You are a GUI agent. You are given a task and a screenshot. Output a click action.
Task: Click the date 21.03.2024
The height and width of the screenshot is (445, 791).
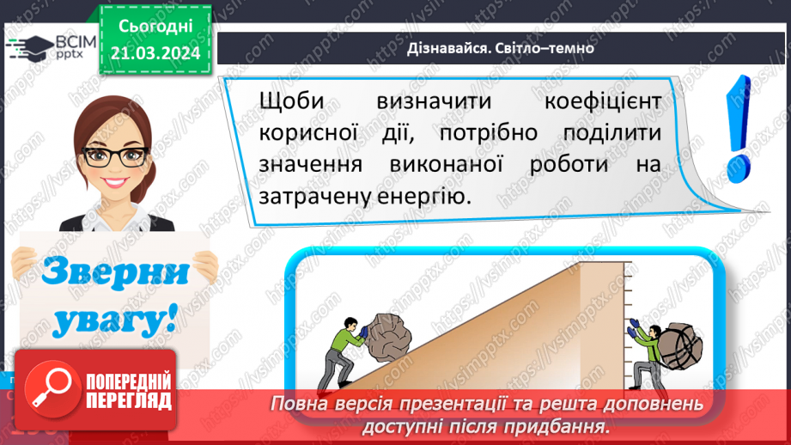click(154, 53)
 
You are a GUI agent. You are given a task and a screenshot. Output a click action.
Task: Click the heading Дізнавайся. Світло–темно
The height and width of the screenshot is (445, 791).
click(501, 48)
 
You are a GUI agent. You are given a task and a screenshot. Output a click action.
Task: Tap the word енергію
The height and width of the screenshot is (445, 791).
click(429, 197)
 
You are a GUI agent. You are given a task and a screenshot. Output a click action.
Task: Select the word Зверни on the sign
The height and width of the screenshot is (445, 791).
click(114, 275)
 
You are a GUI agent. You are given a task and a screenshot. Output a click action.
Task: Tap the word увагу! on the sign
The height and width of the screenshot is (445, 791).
click(113, 320)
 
